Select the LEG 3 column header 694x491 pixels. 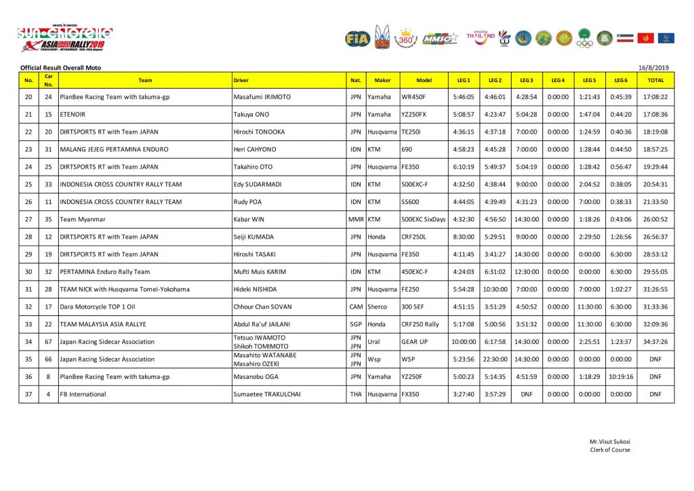[x=527, y=81]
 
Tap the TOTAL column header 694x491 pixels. [x=655, y=81]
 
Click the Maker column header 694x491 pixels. [x=382, y=81]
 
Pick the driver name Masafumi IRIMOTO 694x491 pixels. [x=262, y=97]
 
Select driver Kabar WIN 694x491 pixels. [x=249, y=219]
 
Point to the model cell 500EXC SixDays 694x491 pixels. [x=424, y=219]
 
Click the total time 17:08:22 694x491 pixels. [x=655, y=97]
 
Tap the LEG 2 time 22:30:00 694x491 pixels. [x=495, y=359]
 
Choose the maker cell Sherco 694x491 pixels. [x=377, y=307]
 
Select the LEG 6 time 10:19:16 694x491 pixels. [x=621, y=376]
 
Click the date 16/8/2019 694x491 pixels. [x=653, y=68]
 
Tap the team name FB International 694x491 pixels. [x=83, y=394]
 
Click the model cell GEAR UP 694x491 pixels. [x=414, y=342]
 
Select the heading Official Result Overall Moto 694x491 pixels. [x=60, y=68]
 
